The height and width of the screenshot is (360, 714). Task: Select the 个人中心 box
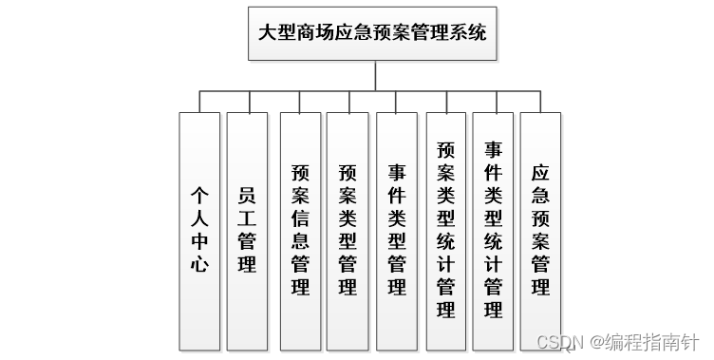198,231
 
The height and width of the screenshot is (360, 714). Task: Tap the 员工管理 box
247,231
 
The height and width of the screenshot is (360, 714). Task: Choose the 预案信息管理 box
300,231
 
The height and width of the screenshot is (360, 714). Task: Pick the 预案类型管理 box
348,231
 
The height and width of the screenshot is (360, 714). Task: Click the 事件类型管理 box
397,231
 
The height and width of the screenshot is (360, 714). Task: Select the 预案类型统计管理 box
445,231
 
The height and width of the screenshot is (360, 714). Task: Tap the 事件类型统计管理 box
493,231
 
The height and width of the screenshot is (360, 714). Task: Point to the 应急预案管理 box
540,231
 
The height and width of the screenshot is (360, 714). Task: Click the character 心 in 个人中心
198,266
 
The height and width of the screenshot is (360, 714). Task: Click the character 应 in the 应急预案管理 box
540,174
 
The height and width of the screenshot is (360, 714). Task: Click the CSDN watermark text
560,340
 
